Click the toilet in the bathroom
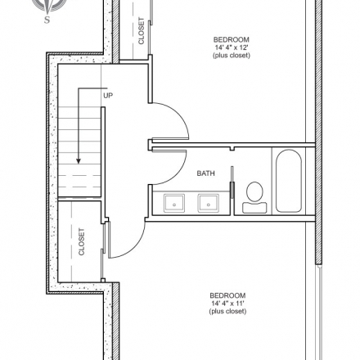254,197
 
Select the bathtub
289,181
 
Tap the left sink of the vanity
174,203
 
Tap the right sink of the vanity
208,203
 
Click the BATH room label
205,173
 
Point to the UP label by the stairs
108,96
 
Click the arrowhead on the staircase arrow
79,161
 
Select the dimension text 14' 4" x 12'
232,47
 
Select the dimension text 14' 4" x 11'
227,304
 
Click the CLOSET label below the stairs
82,241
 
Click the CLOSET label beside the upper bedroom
142,31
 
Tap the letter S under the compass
47,20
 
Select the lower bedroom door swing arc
136,247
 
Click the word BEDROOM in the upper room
232,39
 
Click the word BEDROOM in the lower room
227,295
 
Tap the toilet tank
254,208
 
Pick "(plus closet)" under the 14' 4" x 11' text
227,311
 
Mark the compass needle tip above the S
48,14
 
